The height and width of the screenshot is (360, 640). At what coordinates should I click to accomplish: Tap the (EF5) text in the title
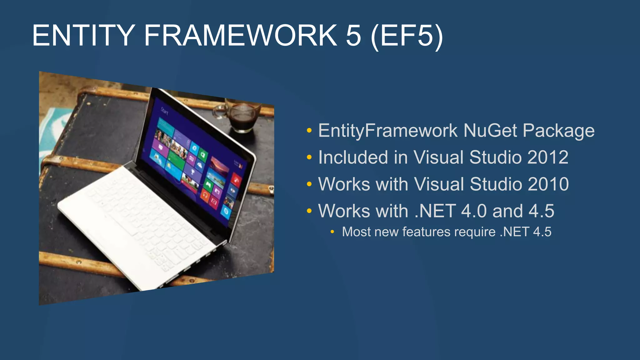[x=407, y=36]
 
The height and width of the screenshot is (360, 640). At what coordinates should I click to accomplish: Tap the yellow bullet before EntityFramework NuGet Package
[x=309, y=131]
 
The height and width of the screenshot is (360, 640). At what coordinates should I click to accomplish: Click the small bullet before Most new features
[x=332, y=232]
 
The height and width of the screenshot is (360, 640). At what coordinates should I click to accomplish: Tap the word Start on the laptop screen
[x=165, y=111]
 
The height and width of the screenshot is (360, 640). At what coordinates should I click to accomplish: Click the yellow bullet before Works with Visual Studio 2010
[x=309, y=184]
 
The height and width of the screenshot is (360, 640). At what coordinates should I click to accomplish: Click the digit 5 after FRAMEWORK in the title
[x=353, y=36]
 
